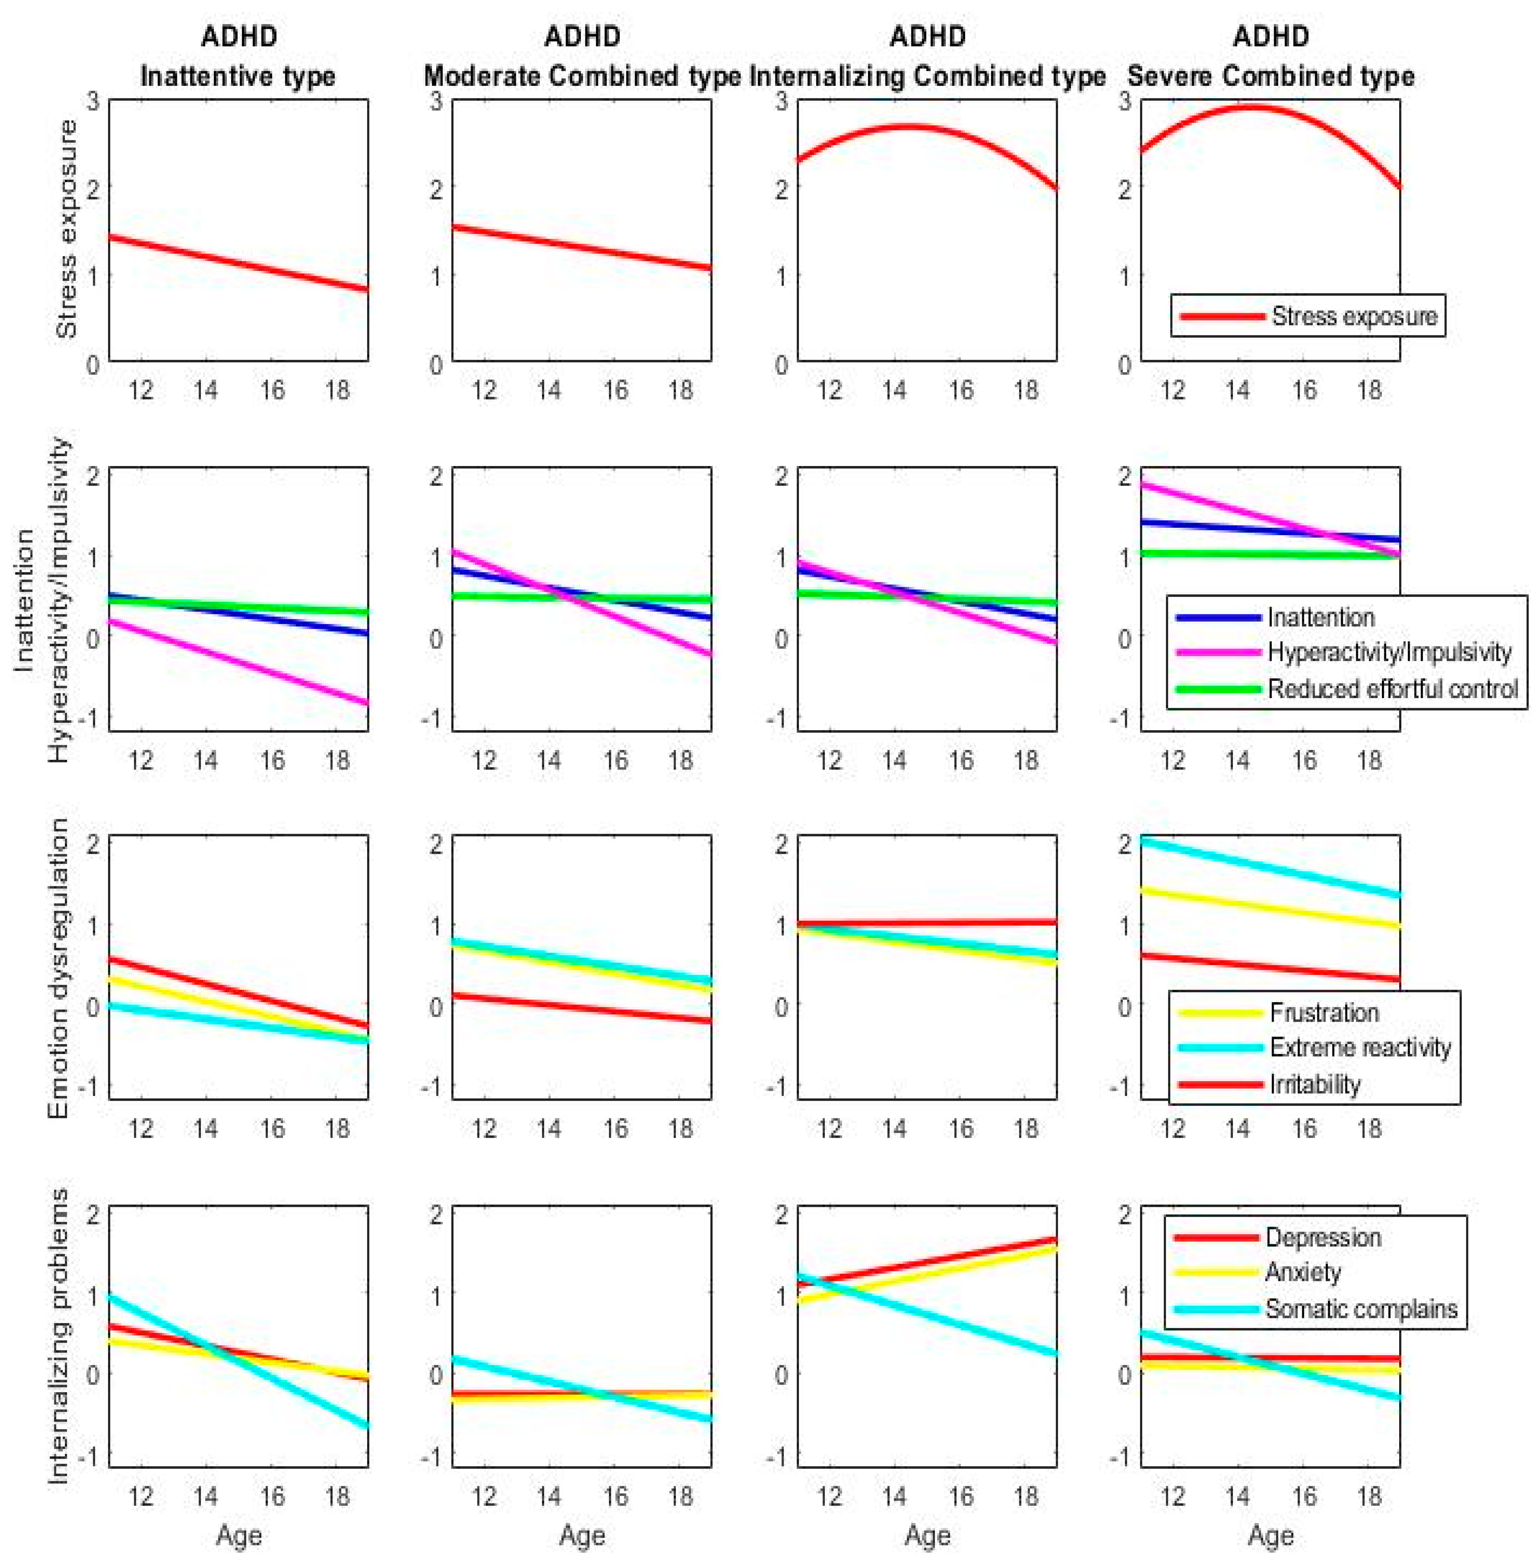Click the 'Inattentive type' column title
point(238,77)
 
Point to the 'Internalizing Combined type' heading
point(928,77)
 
